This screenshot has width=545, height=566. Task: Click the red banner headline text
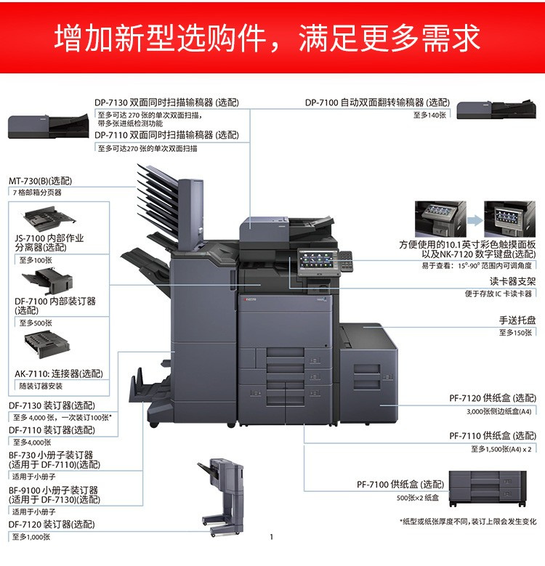pyautogui.click(x=267, y=38)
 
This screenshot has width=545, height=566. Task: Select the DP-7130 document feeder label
pyautogui.click(x=166, y=102)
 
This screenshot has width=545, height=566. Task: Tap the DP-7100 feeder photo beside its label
pyautogui.click(x=496, y=109)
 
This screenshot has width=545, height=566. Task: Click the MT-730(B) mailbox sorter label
pyautogui.click(x=41, y=181)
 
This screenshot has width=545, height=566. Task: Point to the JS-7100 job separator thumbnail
pyautogui.click(x=49, y=218)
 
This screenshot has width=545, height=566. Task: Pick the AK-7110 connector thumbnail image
pyautogui.click(x=47, y=344)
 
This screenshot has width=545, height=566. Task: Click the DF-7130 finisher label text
pyautogui.click(x=52, y=405)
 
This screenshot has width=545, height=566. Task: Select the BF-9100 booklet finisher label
pyautogui.click(x=54, y=495)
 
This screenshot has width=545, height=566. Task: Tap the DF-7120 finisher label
pyautogui.click(x=52, y=524)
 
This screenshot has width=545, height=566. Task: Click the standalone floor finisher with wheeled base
pyautogui.click(x=221, y=497)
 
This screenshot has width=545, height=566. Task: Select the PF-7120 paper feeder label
pyautogui.click(x=493, y=397)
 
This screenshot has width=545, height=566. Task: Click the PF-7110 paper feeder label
pyautogui.click(x=493, y=436)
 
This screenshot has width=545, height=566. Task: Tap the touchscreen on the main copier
pyautogui.click(x=316, y=260)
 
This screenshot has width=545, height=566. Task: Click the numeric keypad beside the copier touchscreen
pyautogui.click(x=345, y=261)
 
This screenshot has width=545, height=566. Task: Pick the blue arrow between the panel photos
pyautogui.click(x=475, y=220)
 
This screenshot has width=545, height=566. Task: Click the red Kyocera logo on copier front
pyautogui.click(x=249, y=299)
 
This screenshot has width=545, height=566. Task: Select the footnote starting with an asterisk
pyautogui.click(x=468, y=521)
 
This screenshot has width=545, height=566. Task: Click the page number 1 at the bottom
pyautogui.click(x=272, y=537)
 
